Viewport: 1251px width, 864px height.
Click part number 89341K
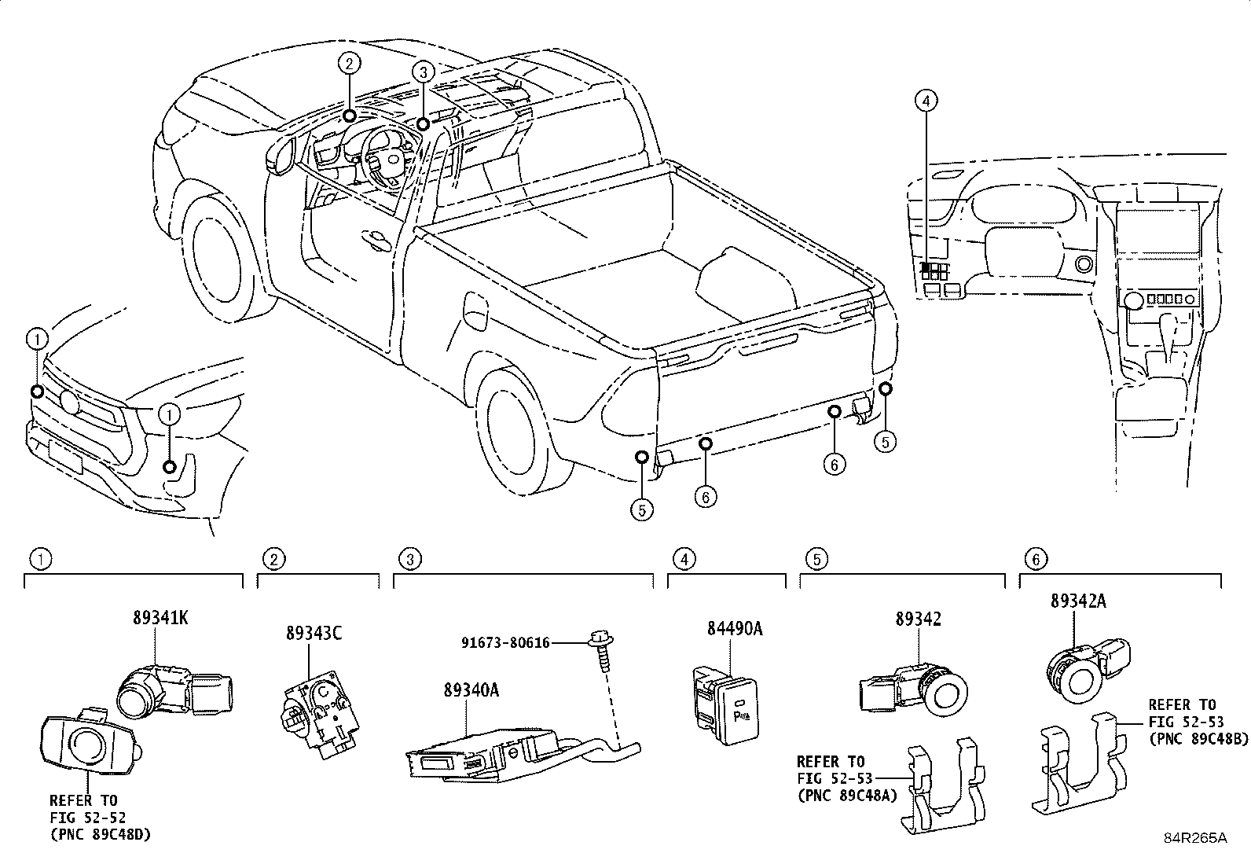(160, 618)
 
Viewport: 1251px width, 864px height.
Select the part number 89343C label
(314, 634)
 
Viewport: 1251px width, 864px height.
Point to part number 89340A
(471, 689)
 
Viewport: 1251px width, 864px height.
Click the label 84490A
(734, 629)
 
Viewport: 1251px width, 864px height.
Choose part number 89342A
(1078, 601)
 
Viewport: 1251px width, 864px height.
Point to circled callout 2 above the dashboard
(350, 63)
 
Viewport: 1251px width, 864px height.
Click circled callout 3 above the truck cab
(423, 72)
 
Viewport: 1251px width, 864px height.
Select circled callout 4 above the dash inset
(926, 101)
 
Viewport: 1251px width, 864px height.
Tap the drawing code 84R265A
(1195, 838)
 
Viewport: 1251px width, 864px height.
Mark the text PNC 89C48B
(1187, 739)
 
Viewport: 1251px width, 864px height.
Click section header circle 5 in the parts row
(816, 559)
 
